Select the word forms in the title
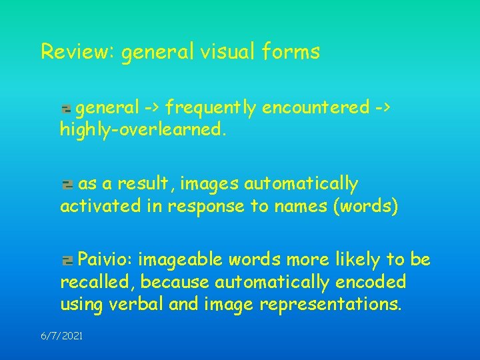click(x=291, y=51)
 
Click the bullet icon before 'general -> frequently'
click(x=67, y=108)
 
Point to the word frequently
click(x=211, y=107)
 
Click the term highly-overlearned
click(x=143, y=130)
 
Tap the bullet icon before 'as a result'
click(x=67, y=184)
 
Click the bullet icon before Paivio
click(x=67, y=260)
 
